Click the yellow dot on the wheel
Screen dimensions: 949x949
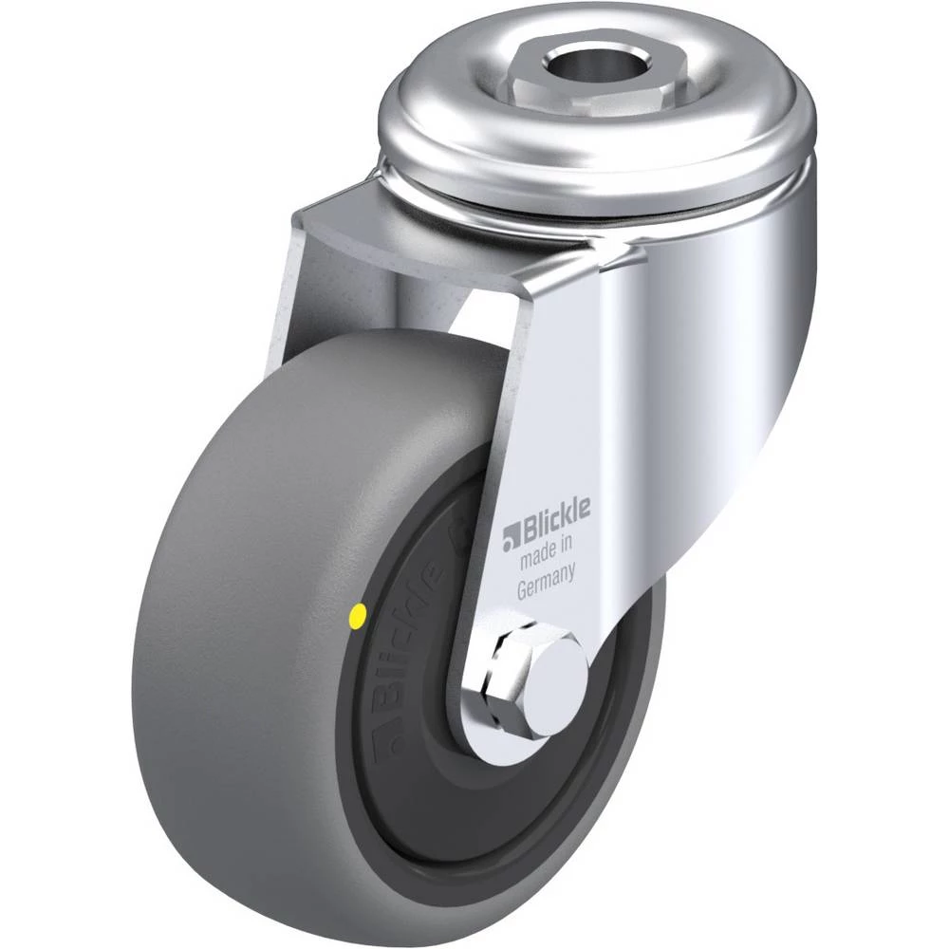tap(359, 616)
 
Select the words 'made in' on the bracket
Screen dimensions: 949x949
tap(547, 555)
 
